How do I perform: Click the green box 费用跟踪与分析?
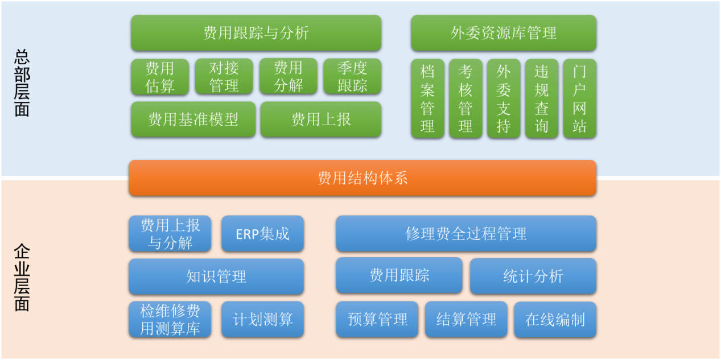click(256, 33)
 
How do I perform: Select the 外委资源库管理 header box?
click(504, 33)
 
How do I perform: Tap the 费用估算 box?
click(160, 77)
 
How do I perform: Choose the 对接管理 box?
click(224, 76)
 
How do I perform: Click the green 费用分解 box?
click(289, 76)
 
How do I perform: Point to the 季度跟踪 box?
click(352, 76)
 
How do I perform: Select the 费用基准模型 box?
click(193, 119)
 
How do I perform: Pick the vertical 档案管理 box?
click(428, 98)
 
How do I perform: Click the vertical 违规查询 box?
click(542, 98)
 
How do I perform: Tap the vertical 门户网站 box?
click(580, 98)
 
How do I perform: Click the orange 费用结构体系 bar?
click(362, 178)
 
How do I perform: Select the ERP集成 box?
click(263, 234)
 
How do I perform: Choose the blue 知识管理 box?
click(216, 276)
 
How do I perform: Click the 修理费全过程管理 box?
click(467, 234)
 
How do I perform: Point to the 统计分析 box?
click(533, 276)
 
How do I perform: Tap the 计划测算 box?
click(263, 319)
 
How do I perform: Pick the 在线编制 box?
click(555, 320)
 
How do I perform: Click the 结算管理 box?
click(467, 319)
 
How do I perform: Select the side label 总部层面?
click(22, 83)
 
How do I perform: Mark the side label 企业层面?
click(22, 278)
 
